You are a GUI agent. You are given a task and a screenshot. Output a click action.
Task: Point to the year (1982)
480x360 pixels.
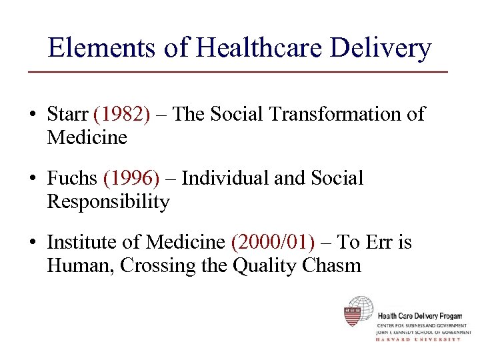click(122, 115)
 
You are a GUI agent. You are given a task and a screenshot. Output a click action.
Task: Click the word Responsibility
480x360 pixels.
click(108, 201)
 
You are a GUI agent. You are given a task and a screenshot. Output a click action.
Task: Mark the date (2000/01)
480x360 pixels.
click(272, 243)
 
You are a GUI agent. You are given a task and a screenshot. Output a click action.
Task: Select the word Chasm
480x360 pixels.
click(331, 265)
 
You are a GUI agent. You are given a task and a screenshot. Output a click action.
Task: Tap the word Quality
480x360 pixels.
click(265, 265)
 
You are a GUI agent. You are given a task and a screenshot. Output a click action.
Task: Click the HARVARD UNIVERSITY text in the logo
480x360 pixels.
click(418, 339)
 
